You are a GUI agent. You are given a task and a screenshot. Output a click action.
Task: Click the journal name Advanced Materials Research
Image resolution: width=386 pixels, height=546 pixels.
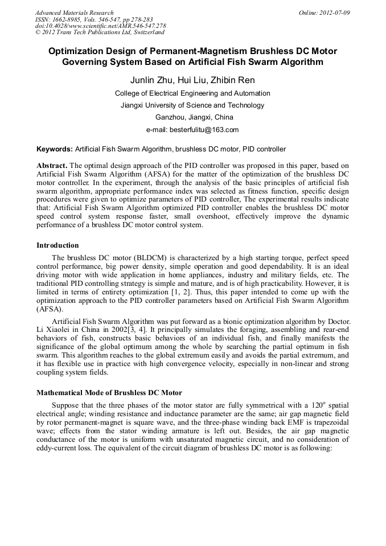(x=74, y=13)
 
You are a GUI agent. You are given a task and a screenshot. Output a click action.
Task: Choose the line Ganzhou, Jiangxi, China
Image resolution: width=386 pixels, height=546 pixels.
(x=193, y=117)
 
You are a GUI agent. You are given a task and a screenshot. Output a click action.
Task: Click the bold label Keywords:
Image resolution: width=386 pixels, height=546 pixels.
(x=55, y=149)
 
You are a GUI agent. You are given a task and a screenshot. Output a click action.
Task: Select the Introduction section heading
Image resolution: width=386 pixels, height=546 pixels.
(x=58, y=245)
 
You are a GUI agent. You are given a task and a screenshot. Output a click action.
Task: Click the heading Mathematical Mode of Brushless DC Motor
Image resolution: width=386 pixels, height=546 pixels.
(x=109, y=393)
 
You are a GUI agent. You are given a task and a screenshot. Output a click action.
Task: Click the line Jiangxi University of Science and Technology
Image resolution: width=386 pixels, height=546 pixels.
(x=192, y=105)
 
